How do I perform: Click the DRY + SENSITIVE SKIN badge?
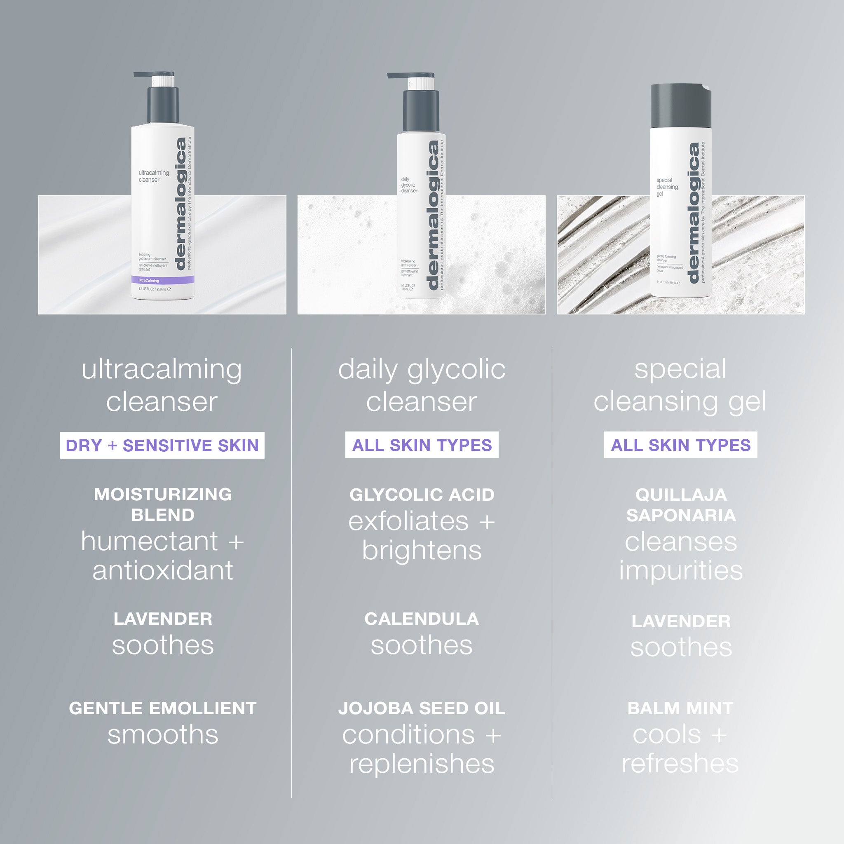pyautogui.click(x=162, y=445)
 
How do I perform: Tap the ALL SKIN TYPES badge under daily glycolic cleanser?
pyautogui.click(x=422, y=445)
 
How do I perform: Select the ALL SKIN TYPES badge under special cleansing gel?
pyautogui.click(x=680, y=445)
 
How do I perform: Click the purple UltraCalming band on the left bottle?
pyautogui.click(x=162, y=280)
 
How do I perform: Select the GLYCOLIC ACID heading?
pyautogui.click(x=422, y=495)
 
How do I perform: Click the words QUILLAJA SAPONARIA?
pyautogui.click(x=681, y=504)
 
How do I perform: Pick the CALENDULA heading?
pyautogui.click(x=422, y=619)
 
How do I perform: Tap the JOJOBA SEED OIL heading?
pyautogui.click(x=422, y=708)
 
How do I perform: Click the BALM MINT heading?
pyautogui.click(x=680, y=708)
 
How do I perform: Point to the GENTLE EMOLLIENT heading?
pyautogui.click(x=162, y=708)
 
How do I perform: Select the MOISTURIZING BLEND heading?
pyautogui.click(x=162, y=504)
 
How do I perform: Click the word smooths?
pyautogui.click(x=162, y=735)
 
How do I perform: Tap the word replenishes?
pyautogui.click(x=422, y=764)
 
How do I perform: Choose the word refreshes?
pyautogui.click(x=680, y=764)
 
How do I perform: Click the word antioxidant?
pyautogui.click(x=162, y=570)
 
